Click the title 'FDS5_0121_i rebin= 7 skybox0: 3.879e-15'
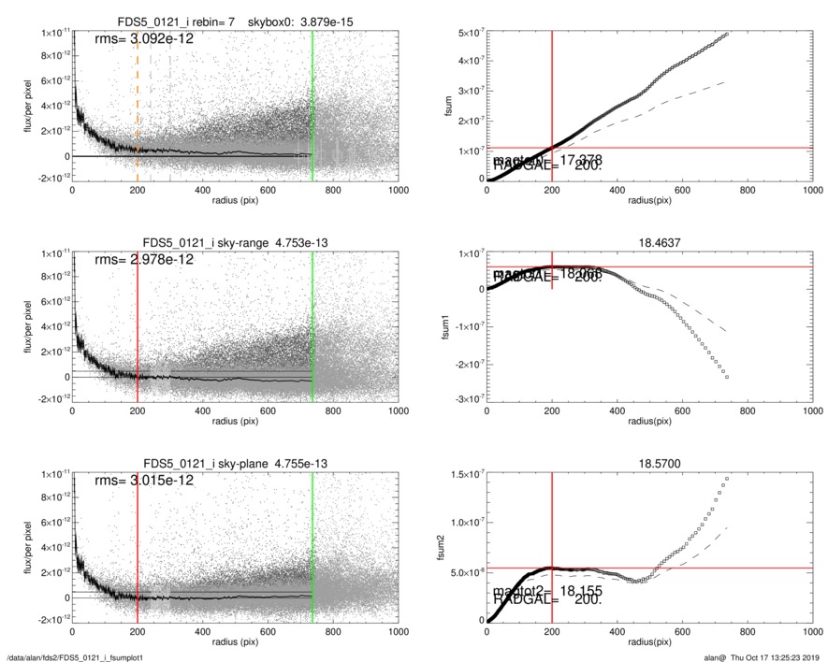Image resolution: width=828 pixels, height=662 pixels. click(235, 21)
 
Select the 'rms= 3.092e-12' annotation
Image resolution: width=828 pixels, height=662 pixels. click(145, 39)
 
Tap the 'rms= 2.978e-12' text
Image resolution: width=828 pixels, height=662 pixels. click(145, 260)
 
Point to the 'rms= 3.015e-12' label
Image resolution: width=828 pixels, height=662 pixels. click(145, 481)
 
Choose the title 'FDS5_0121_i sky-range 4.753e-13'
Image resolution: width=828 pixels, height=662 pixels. click(235, 243)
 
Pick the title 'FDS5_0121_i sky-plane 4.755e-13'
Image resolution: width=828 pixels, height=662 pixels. click(235, 464)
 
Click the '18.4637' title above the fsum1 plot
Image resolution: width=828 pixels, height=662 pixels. click(648, 241)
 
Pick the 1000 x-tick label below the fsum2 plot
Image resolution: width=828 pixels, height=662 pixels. click(810, 631)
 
